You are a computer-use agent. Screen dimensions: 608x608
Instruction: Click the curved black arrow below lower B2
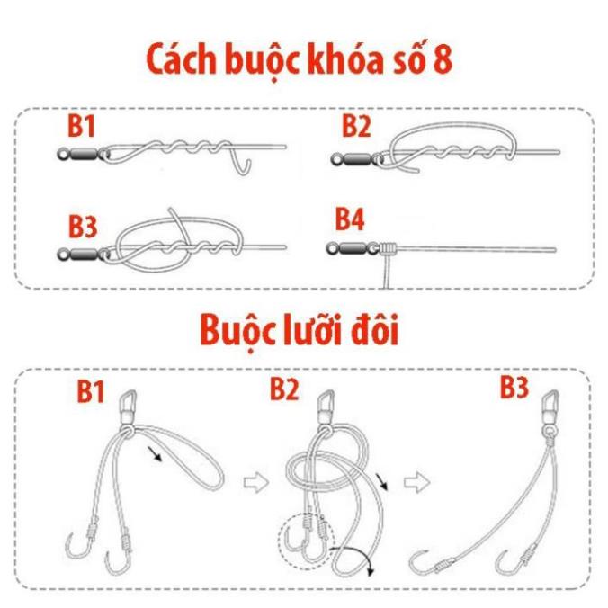[x=359, y=558]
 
